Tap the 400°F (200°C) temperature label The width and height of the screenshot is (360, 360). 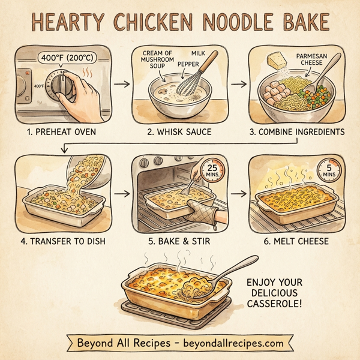tap(67, 59)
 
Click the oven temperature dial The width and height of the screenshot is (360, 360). tap(62, 88)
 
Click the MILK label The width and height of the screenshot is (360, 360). tap(199, 53)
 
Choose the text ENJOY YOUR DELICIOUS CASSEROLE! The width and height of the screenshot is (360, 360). tap(275, 293)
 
